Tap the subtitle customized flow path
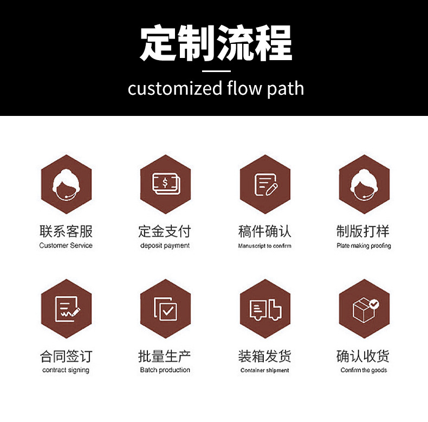[x=216, y=88]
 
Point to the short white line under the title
[x=216, y=70]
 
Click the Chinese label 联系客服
[x=66, y=231]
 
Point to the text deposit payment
[x=165, y=245]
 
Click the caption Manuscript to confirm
[x=265, y=246]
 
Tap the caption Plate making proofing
[x=364, y=246]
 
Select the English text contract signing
[x=66, y=371]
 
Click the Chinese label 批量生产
[x=165, y=356]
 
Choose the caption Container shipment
[x=265, y=371]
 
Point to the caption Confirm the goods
[x=364, y=371]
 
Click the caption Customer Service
[x=66, y=245]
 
